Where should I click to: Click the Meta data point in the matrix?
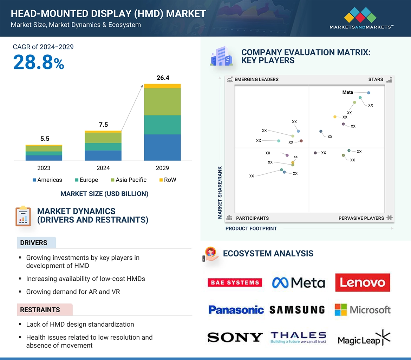(368, 93)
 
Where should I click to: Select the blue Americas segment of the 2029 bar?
(162, 147)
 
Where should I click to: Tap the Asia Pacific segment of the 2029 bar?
(162, 102)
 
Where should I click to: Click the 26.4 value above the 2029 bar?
(163, 78)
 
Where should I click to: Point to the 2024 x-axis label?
(103, 168)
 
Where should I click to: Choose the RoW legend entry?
(168, 180)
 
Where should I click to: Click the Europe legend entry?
(86, 180)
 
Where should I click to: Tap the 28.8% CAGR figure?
(39, 63)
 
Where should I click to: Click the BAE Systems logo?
(235, 282)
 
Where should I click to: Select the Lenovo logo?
(363, 282)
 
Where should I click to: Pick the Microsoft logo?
(363, 310)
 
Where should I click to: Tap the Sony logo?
(235, 338)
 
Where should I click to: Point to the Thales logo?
(298, 338)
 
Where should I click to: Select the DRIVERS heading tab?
(34, 243)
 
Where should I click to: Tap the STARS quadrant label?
(376, 80)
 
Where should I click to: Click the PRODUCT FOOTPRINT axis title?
(251, 228)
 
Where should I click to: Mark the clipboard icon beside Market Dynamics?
(23, 216)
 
